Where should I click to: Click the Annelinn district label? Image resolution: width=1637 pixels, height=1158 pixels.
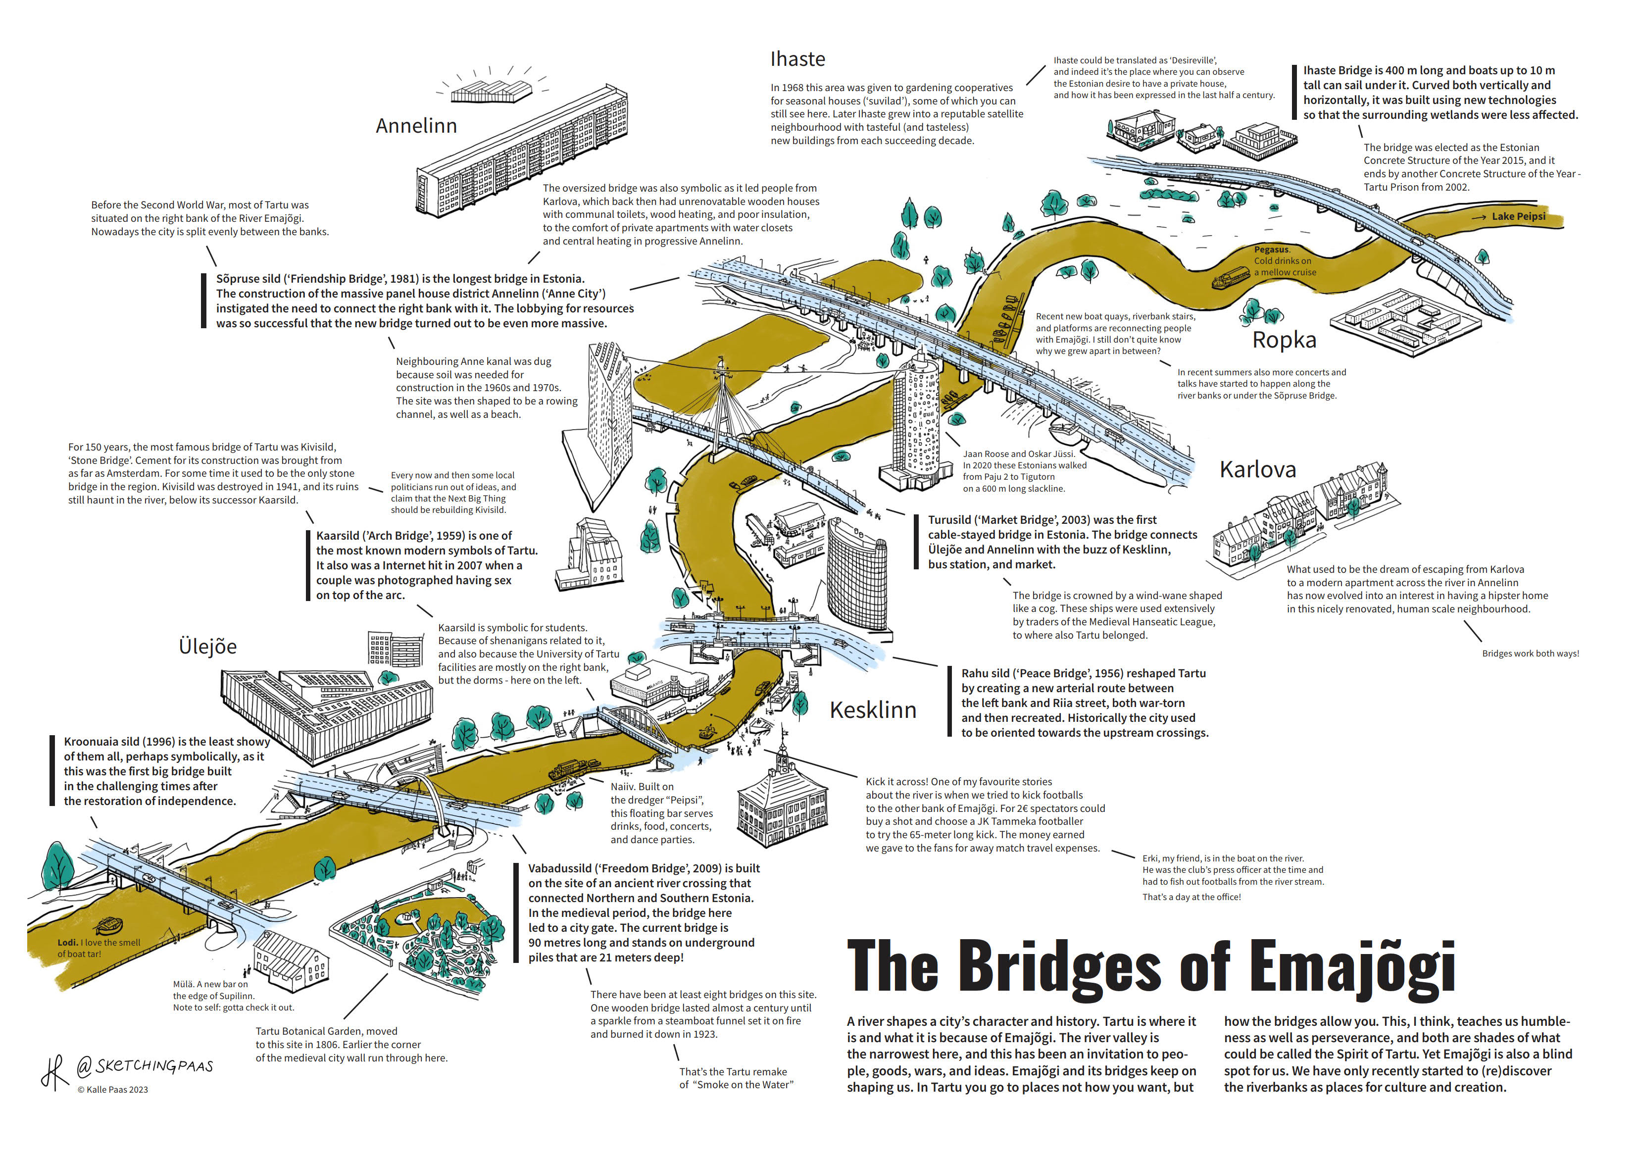tap(416, 126)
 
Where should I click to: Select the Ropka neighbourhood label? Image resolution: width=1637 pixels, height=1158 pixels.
tap(1284, 340)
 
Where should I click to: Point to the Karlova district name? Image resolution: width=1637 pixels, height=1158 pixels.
tap(1258, 469)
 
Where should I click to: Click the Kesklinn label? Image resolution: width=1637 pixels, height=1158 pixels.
tap(873, 710)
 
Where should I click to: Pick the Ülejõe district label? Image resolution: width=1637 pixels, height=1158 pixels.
tap(207, 646)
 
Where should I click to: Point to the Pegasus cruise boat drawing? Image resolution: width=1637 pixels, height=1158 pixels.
tap(1230, 279)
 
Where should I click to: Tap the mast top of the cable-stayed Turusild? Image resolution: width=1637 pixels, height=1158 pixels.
tap(722, 367)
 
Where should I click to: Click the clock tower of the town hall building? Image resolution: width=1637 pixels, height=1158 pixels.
tap(783, 759)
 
